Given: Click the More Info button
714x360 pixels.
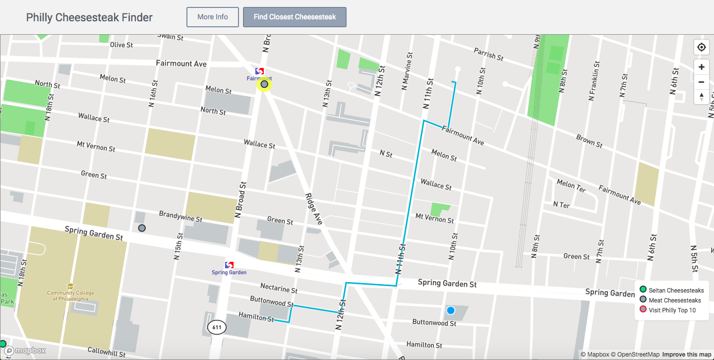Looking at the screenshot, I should point(212,17).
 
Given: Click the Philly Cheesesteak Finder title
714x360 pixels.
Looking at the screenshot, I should point(89,17).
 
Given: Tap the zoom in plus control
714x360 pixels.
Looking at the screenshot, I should point(701,67).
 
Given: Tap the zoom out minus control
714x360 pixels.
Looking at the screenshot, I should point(701,82).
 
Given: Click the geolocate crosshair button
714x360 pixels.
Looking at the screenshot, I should point(701,48).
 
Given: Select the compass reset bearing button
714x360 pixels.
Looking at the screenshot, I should point(701,97).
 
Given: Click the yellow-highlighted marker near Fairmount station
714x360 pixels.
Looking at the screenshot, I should point(264,84).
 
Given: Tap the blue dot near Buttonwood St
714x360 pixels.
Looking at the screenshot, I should point(450,310).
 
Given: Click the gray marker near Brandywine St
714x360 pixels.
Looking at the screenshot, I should point(142,228).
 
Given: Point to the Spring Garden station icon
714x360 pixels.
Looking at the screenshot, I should point(229,265).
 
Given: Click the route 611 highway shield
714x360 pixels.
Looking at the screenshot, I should point(217,327).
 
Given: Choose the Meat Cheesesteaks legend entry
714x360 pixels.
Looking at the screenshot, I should point(674,300).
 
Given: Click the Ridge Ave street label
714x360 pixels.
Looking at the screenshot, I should point(314,209).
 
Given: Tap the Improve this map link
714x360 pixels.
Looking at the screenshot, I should point(686,354).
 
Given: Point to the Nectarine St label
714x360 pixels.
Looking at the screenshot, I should point(279,288).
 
